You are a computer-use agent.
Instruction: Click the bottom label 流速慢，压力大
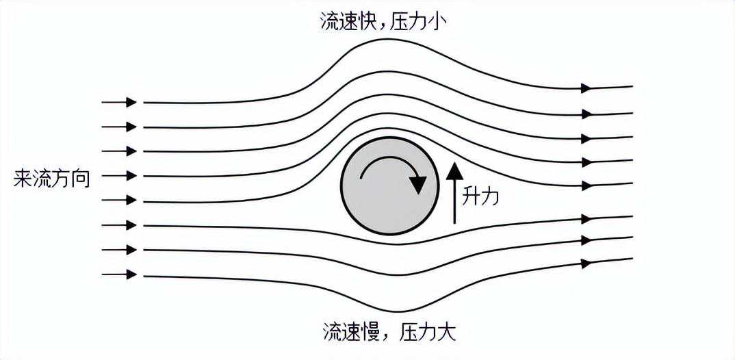389,333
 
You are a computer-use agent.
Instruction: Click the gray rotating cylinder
389,185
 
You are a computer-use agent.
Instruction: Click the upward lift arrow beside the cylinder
454,192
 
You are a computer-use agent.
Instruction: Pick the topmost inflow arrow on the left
119,102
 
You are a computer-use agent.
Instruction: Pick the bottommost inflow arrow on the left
119,274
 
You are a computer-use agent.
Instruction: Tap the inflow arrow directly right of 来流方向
119,176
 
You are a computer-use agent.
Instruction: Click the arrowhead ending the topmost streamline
586,88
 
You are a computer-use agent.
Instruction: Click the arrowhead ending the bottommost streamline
586,263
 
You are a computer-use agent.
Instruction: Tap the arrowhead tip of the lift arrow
454,162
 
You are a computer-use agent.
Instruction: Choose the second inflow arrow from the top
119,127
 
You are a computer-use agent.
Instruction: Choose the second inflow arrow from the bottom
119,250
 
